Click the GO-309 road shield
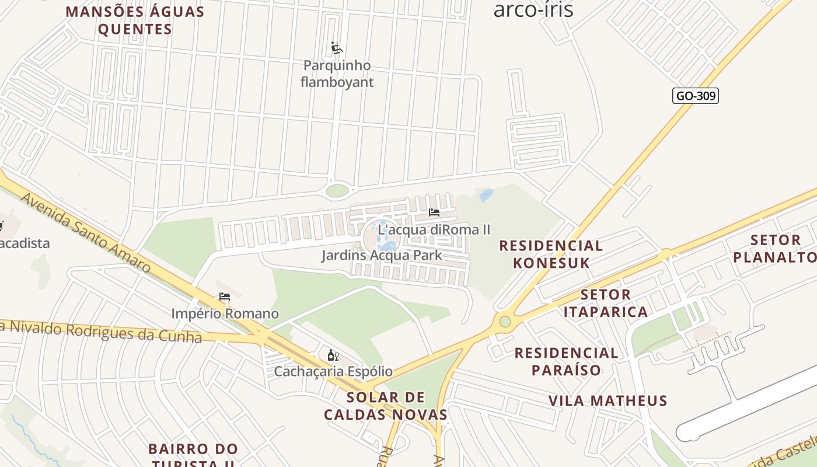pos(695,96)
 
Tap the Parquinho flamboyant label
pos(337,74)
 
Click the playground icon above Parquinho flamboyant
pos(336,48)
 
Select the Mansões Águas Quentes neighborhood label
pos(135,20)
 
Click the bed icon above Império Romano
pos(225,297)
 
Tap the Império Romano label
pos(225,313)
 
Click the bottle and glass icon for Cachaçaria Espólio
pos(333,355)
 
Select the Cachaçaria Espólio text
pos(333,371)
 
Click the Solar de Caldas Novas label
pos(385,406)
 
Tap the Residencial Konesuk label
pos(550,254)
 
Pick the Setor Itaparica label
pos(606,303)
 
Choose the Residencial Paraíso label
pos(566,361)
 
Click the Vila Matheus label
pos(607,400)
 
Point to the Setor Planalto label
pos(775,248)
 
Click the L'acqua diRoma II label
pos(434,229)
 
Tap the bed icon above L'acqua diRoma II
pos(434,212)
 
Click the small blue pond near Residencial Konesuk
pos(486,195)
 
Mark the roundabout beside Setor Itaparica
pos(505,322)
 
